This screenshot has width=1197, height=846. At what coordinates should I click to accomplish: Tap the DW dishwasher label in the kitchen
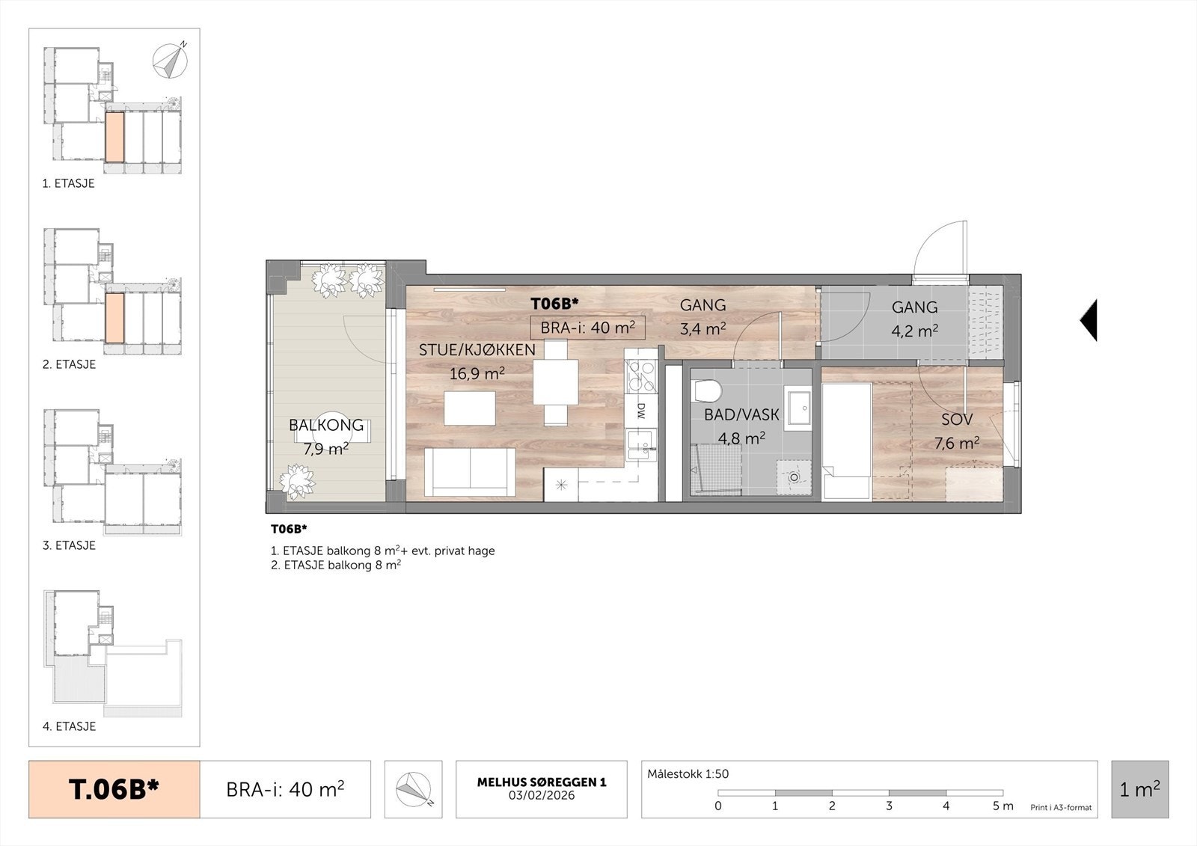[641, 409]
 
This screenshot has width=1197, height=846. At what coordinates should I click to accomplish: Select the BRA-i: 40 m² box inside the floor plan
[587, 328]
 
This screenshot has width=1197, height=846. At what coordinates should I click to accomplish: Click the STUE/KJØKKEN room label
[477, 350]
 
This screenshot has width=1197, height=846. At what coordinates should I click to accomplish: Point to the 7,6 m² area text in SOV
[957, 444]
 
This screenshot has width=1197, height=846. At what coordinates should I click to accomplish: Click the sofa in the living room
[470, 471]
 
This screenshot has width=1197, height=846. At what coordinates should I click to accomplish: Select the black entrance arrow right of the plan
[1089, 319]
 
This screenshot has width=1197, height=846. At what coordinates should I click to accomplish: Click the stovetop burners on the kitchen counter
[641, 377]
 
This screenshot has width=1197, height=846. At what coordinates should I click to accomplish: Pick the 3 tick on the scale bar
[889, 806]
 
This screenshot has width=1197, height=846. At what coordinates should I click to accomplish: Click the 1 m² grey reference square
[1139, 789]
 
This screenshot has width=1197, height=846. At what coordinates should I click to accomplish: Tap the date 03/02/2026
[542, 795]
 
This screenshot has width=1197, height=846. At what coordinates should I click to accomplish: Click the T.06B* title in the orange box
[114, 789]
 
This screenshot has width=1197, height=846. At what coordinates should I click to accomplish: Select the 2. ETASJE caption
[69, 364]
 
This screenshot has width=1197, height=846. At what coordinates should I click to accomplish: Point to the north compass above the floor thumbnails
[170, 61]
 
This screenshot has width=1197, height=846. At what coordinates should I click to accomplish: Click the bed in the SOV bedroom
[847, 441]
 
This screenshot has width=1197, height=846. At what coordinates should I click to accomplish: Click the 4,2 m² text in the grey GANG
[914, 330]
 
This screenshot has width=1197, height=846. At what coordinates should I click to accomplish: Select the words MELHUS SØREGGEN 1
[542, 782]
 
